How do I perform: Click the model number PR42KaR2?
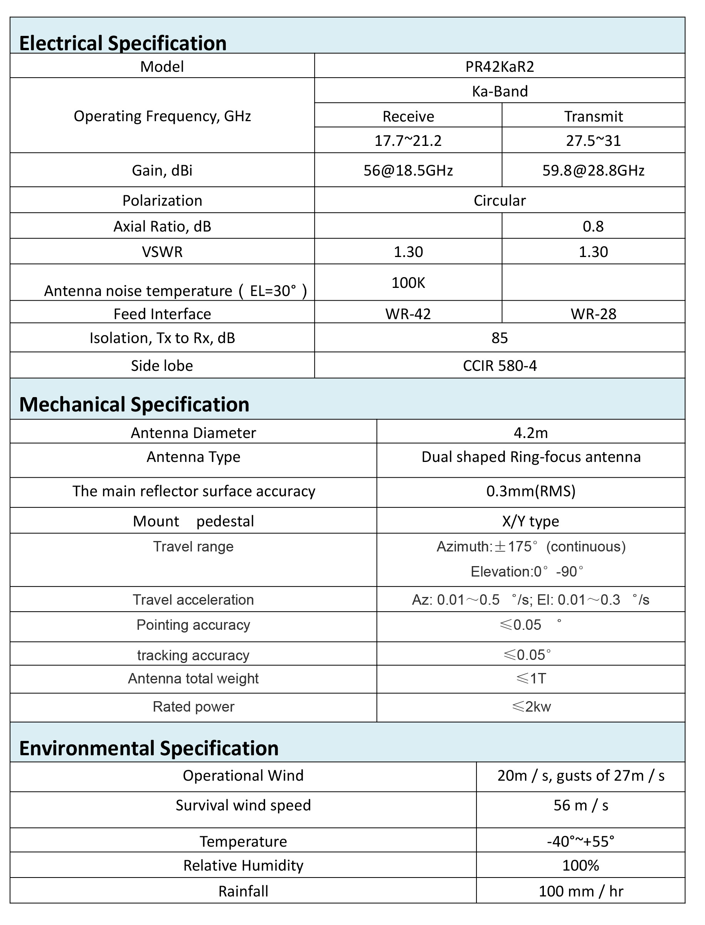(500, 67)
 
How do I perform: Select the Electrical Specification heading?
(123, 43)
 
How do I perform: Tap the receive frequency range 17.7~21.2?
(408, 140)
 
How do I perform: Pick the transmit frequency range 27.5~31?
(593, 140)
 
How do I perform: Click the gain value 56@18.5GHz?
(408, 171)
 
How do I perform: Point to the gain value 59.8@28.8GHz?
(593, 171)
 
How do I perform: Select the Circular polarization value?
(500, 201)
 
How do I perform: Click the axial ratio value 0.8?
(593, 227)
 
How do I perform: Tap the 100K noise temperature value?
(408, 283)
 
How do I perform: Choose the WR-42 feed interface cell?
(408, 314)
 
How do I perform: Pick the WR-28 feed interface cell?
(593, 314)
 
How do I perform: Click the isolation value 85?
(500, 338)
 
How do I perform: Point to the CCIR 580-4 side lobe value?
(500, 365)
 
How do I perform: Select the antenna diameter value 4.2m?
(531, 433)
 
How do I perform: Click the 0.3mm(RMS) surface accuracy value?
(531, 491)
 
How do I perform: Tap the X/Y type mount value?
(531, 521)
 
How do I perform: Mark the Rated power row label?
(193, 707)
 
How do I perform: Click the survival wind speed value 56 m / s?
(581, 805)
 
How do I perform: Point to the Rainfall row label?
(243, 891)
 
